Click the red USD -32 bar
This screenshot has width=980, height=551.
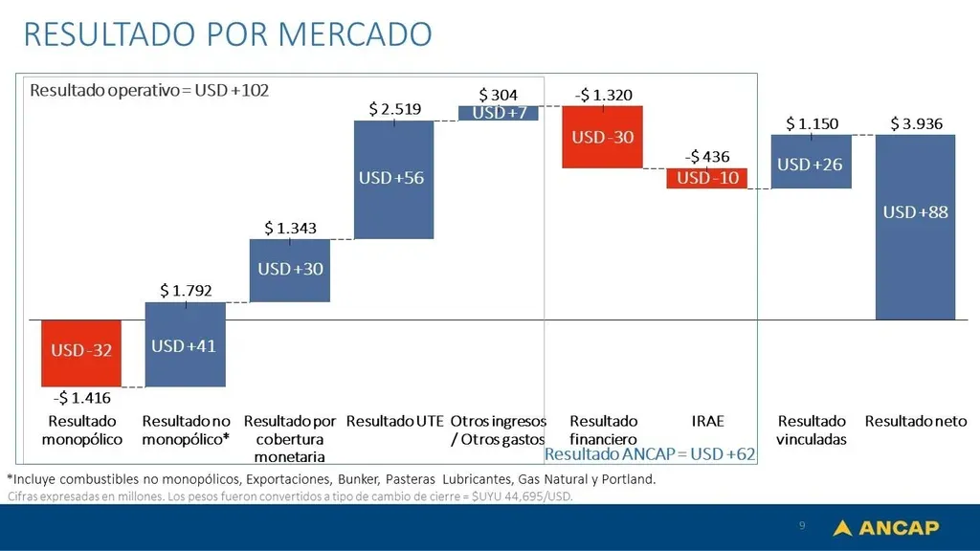click(81, 352)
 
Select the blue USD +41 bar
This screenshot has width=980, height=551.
click(185, 344)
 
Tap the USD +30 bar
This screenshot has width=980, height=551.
click(290, 270)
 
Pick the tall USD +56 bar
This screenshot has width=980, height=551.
click(393, 179)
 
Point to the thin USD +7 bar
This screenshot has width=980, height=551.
click(499, 113)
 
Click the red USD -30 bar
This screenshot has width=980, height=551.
click(602, 137)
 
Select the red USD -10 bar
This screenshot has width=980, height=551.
click(706, 178)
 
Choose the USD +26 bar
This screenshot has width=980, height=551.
click(811, 162)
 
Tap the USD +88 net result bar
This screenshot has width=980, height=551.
click(915, 227)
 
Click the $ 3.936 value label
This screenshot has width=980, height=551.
click(916, 123)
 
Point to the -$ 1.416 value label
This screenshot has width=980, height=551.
click(81, 398)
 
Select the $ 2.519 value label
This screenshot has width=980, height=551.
click(394, 109)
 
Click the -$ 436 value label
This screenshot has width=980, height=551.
click(706, 156)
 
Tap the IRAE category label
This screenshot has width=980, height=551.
click(707, 421)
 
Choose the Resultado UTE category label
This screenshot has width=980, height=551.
click(394, 421)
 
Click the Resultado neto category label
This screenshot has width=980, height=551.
click(916, 421)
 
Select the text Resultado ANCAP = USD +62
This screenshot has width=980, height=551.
click(649, 453)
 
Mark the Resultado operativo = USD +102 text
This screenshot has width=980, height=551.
click(149, 91)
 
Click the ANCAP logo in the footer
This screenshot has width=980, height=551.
click(885, 527)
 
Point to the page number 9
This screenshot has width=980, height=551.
click(802, 526)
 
